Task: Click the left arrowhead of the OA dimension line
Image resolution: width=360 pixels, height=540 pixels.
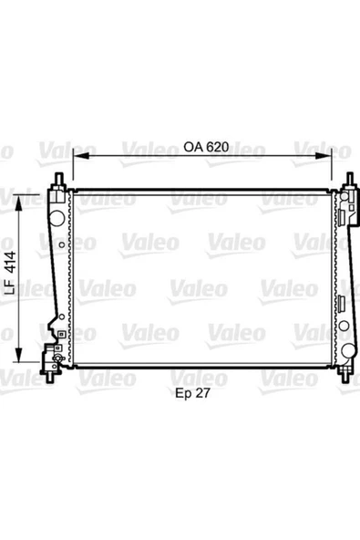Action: pos(76,157)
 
